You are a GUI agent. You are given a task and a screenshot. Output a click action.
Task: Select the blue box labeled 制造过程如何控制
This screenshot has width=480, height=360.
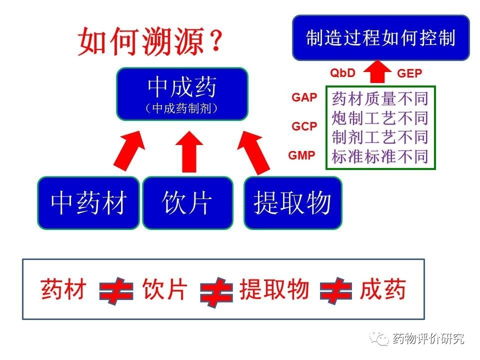point(380,38)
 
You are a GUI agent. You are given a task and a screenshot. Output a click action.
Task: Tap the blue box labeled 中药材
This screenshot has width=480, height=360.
point(88,202)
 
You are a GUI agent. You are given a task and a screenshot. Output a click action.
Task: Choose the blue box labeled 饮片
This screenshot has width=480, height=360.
point(187,202)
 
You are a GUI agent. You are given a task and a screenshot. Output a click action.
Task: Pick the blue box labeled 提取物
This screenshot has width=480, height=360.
point(292,202)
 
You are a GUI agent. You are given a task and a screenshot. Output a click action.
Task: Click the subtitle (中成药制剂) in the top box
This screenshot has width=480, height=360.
point(182,108)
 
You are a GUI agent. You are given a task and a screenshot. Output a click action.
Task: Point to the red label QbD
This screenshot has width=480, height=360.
point(342,73)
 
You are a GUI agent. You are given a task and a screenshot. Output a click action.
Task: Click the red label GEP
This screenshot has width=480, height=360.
point(409,74)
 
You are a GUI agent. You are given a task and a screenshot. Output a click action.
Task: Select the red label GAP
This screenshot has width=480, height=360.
point(304,97)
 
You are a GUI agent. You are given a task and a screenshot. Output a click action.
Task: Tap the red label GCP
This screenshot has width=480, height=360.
point(304,126)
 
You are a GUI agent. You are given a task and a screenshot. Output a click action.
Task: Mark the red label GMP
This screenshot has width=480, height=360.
point(302,155)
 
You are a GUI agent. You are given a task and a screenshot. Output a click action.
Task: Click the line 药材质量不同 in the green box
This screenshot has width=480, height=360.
point(380,99)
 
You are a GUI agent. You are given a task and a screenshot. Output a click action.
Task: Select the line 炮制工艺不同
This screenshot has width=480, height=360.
point(380,118)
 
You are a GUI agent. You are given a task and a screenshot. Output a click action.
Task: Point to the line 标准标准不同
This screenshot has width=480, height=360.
point(380,156)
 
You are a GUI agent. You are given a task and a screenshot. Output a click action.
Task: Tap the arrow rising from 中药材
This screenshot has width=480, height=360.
point(129,149)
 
